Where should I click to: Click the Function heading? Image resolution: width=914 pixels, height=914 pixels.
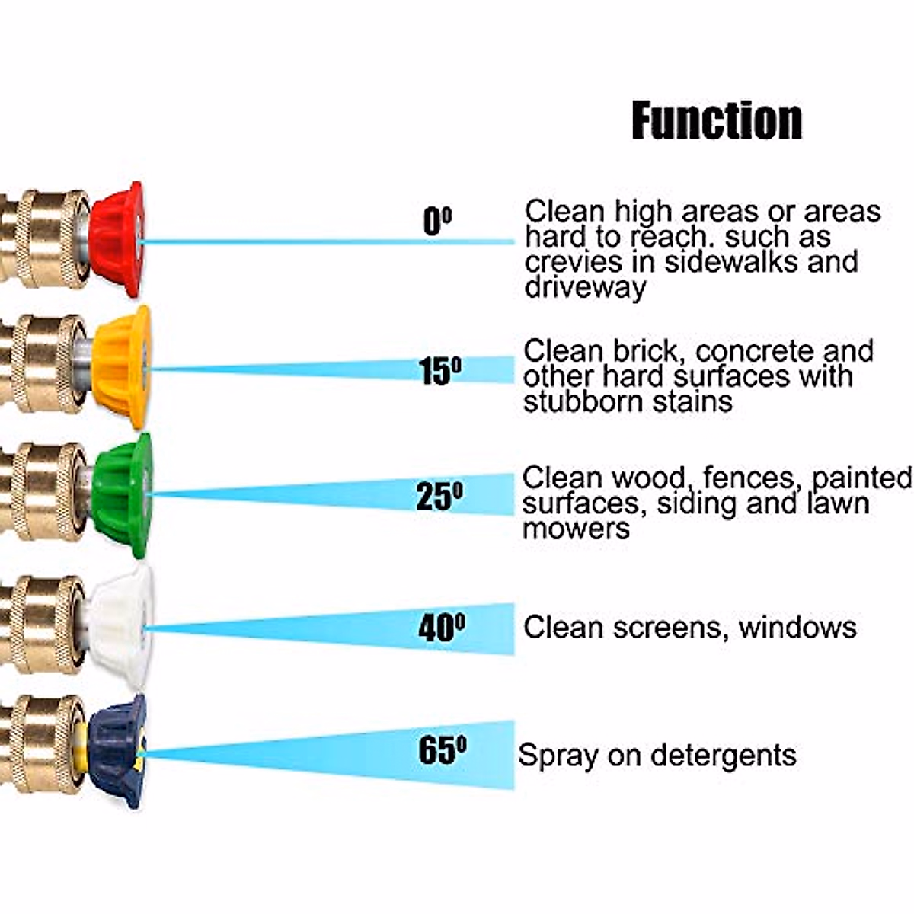point(717,120)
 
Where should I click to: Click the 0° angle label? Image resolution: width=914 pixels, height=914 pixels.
point(436,222)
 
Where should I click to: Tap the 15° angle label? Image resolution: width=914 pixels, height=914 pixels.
point(440,371)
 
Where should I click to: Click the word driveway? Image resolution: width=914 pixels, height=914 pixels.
point(585,288)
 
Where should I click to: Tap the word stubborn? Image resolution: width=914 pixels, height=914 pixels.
point(580,401)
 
